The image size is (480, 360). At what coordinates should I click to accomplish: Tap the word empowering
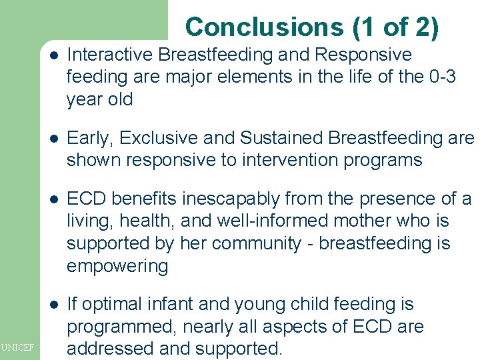coord(117,267)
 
